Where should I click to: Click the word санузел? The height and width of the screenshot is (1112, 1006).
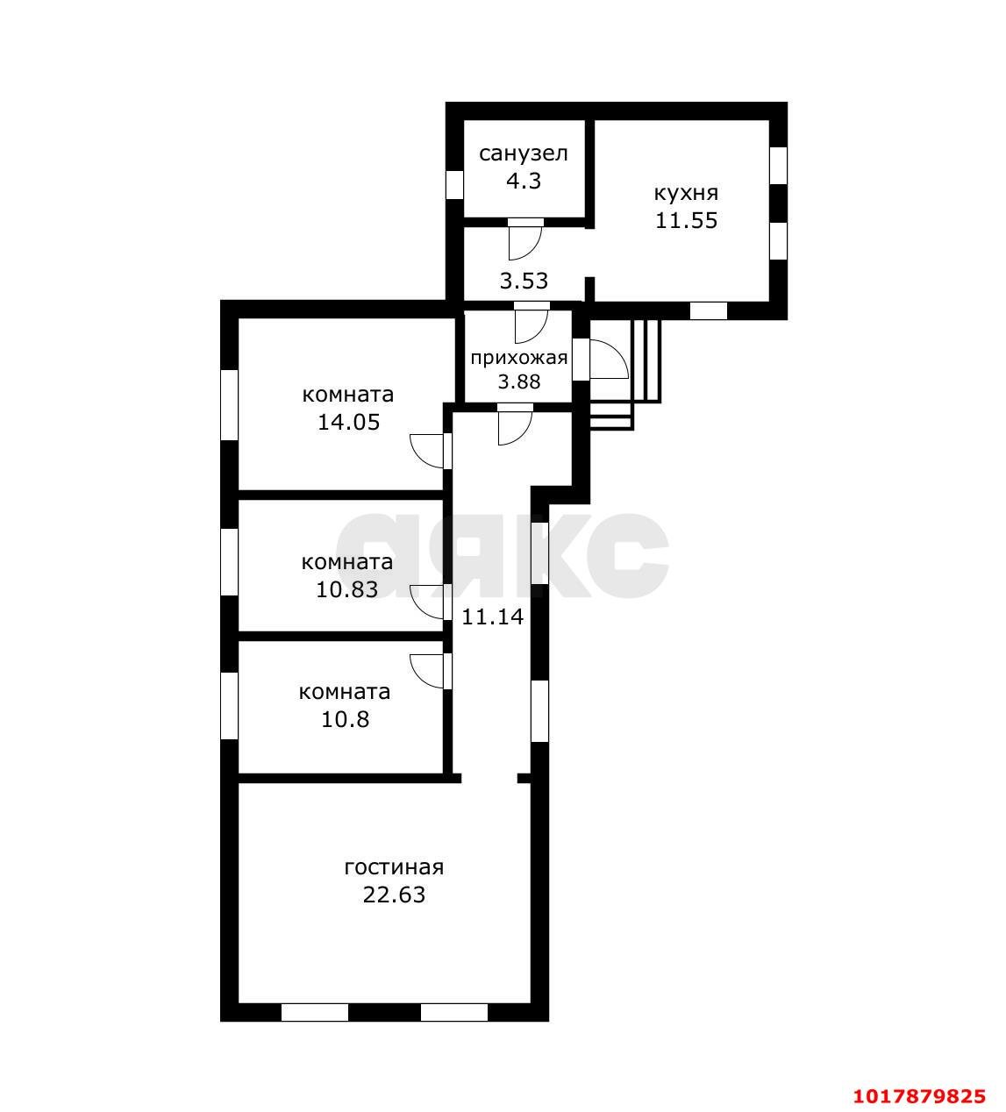524,153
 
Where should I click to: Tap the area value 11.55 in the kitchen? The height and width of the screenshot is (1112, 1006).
687,220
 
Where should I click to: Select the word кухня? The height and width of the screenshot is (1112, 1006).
686,194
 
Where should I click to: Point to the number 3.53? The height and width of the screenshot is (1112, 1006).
524,281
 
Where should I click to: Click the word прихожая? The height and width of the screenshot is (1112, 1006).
519,359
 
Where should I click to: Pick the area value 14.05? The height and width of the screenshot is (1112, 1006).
348,423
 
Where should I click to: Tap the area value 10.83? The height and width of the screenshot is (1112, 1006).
347,589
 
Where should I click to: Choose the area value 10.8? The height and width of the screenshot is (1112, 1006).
345,719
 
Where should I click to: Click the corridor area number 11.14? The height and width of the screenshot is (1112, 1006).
492,617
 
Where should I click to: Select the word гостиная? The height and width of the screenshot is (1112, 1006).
394,867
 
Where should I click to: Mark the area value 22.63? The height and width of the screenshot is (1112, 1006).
394,895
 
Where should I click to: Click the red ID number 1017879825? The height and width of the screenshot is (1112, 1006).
919,1096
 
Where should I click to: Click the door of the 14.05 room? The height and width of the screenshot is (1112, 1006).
431,452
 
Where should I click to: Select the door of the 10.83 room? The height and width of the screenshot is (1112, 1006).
431,602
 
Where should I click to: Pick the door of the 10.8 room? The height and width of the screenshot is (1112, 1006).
431,672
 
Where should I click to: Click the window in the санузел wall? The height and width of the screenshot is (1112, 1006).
454,184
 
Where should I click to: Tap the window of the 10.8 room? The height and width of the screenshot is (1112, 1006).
229,706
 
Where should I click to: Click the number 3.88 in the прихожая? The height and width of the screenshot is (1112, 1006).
519,381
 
